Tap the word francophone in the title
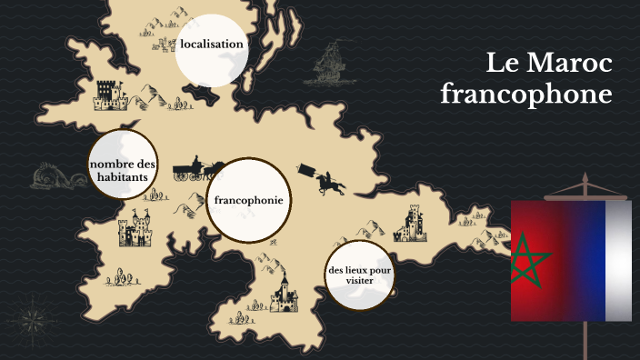click(525, 94)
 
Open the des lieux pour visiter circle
click(360, 275)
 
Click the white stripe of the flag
click(619, 261)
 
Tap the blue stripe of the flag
click(591, 261)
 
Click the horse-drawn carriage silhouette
click(190, 167)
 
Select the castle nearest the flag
click(412, 222)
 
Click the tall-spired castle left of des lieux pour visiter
click(283, 293)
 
